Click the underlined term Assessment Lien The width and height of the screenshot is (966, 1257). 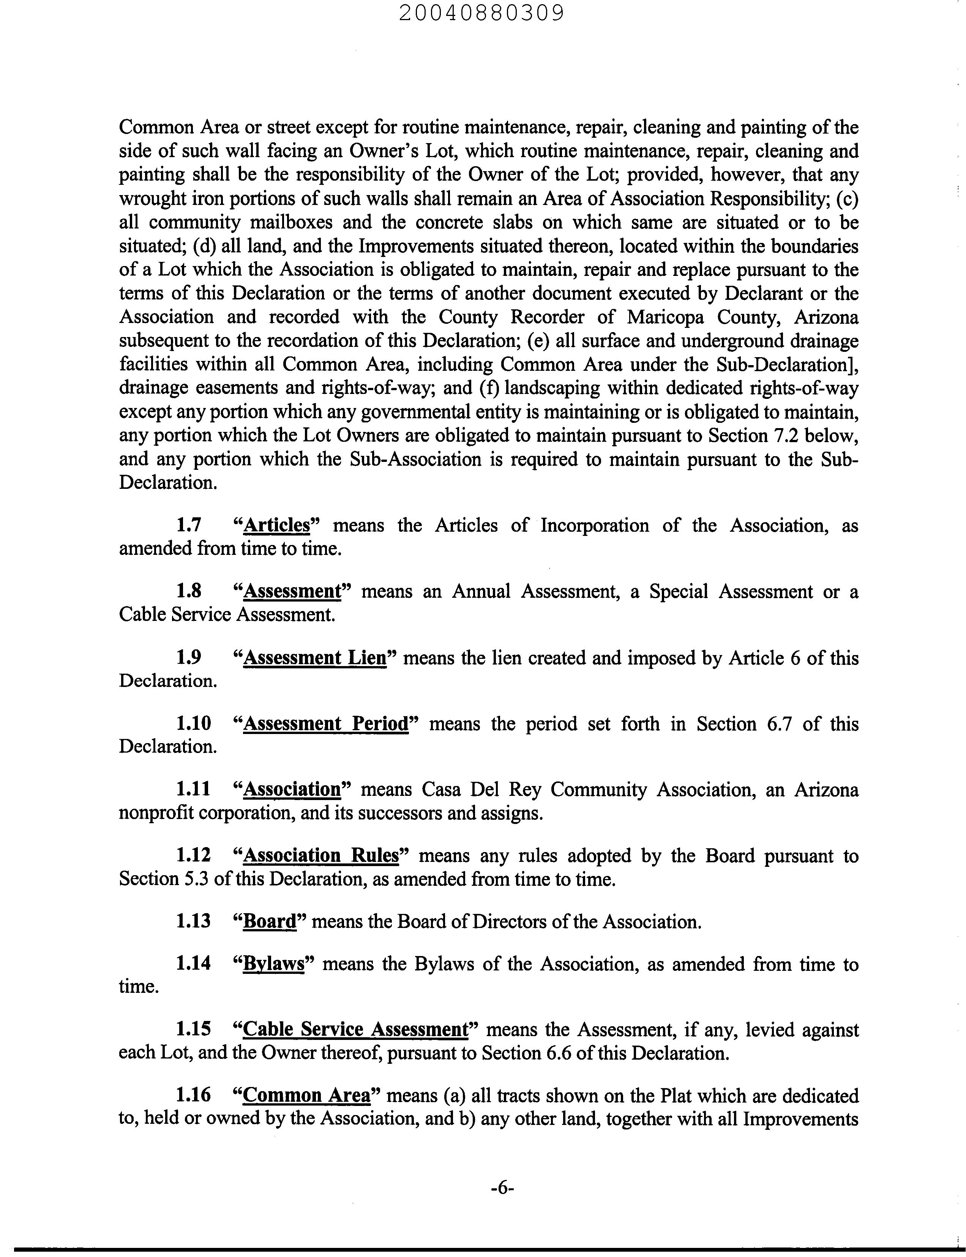pos(314,657)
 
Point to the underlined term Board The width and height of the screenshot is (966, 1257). pos(270,921)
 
